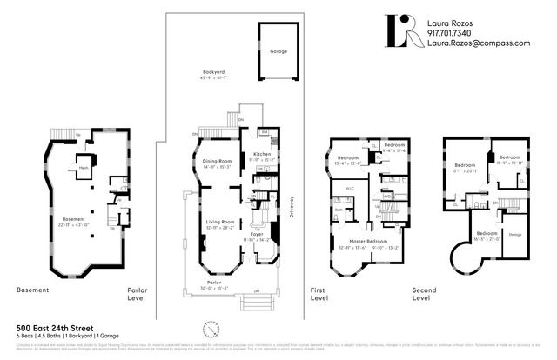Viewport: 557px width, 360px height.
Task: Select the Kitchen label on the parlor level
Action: (258, 153)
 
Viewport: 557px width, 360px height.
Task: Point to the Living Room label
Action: (219, 223)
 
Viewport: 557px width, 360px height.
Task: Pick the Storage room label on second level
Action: (513, 234)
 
